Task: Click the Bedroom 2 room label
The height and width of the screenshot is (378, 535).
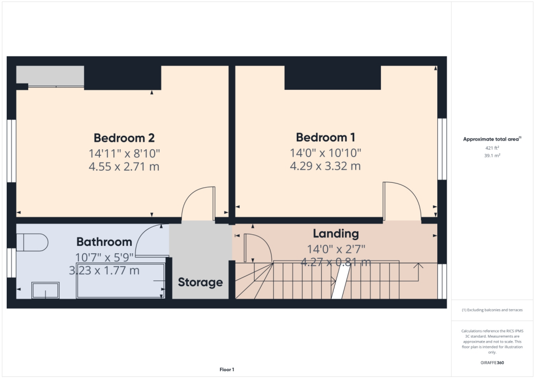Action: [124, 138]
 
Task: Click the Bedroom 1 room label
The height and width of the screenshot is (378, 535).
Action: [325, 138]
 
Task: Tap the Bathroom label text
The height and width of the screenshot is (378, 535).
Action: [104, 242]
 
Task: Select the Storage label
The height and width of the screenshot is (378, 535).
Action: [200, 282]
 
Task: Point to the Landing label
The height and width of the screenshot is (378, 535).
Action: [335, 233]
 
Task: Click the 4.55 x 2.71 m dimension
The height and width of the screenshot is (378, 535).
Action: [124, 167]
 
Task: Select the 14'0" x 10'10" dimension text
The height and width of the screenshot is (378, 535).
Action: [325, 153]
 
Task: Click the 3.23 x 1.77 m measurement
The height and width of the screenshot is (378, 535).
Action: [104, 270]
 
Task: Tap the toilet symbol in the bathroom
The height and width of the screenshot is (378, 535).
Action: [32, 242]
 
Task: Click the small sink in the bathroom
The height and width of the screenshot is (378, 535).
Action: [46, 290]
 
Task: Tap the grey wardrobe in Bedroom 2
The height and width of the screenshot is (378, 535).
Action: [50, 75]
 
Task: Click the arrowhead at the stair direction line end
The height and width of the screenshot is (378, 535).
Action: [418, 267]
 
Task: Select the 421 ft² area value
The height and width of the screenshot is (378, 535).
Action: [493, 148]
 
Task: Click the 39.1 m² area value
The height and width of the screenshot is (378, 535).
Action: [493, 156]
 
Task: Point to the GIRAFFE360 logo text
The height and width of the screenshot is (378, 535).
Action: [493, 363]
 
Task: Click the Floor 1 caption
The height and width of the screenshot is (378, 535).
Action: [227, 370]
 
